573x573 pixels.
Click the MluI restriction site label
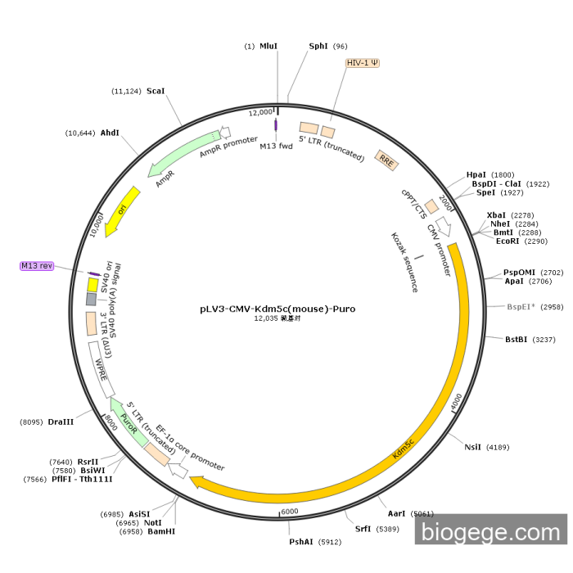click(x=268, y=47)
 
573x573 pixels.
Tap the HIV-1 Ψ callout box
click(x=363, y=63)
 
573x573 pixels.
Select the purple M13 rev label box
click(x=37, y=266)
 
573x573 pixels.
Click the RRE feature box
click(x=386, y=160)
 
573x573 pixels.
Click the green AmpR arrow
click(x=183, y=153)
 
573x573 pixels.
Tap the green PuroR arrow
click(x=129, y=422)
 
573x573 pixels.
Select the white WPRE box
click(x=102, y=369)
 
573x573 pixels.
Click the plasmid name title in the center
click(x=277, y=309)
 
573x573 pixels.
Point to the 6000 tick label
click(x=290, y=512)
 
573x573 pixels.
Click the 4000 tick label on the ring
click(x=456, y=402)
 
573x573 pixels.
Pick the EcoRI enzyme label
click(x=508, y=241)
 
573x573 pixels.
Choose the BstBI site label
click(x=516, y=340)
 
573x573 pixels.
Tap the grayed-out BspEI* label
click(x=521, y=307)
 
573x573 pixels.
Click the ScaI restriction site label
click(x=156, y=91)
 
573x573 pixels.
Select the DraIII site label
click(x=61, y=422)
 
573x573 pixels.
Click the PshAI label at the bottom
click(x=301, y=542)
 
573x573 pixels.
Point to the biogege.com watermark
click(x=491, y=532)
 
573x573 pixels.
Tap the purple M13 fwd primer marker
click(x=276, y=125)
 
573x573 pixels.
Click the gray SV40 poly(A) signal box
click(x=92, y=299)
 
